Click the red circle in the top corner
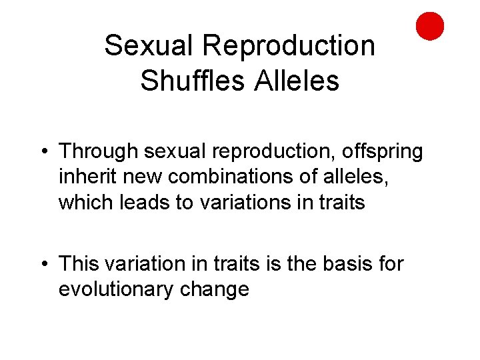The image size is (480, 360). [x=430, y=26]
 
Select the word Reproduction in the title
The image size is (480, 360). [x=288, y=46]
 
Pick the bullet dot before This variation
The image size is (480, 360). [x=43, y=265]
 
